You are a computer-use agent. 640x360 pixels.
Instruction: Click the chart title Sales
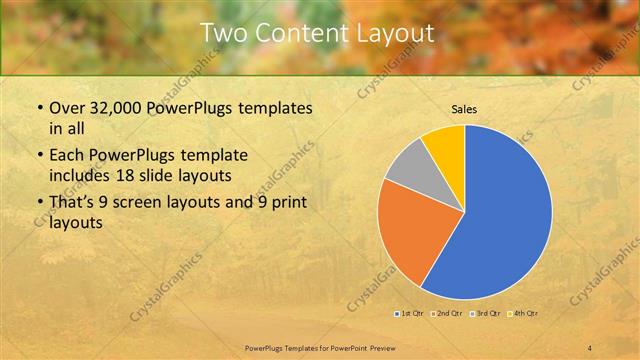coord(464,108)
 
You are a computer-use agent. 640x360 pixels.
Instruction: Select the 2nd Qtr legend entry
coord(449,314)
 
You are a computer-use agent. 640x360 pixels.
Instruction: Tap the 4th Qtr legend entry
coord(525,314)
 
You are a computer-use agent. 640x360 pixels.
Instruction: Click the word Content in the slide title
coord(298,33)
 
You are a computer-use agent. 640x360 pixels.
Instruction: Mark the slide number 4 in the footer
coord(591,347)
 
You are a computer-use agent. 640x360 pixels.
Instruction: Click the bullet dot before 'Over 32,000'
coord(39,108)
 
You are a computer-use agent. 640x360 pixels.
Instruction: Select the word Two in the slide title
coord(222,33)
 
